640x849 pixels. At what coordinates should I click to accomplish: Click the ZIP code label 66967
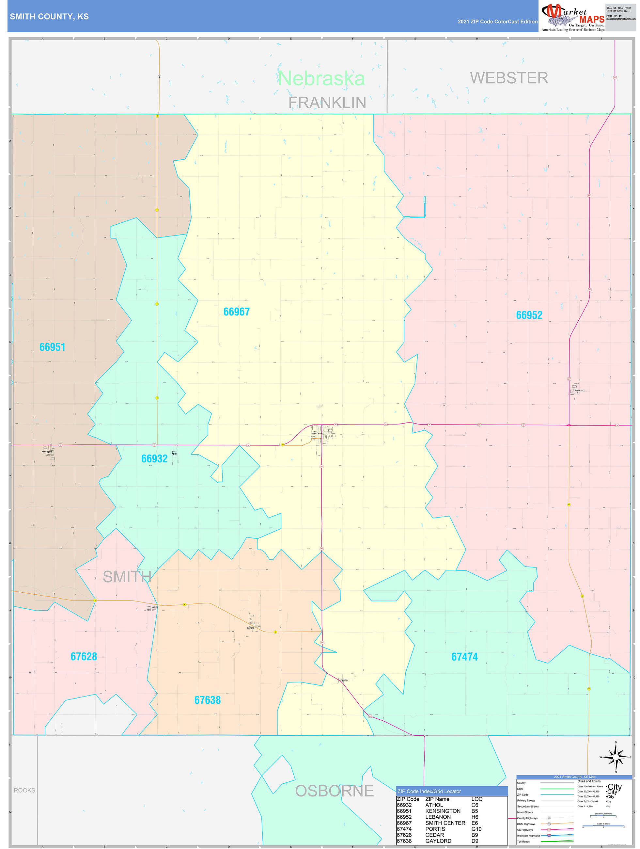click(236, 312)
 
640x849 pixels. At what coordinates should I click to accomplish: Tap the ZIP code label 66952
click(529, 315)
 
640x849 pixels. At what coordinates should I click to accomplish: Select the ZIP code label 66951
click(53, 347)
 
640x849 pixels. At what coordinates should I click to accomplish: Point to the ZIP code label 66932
click(154, 459)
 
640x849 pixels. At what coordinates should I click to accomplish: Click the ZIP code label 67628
click(84, 656)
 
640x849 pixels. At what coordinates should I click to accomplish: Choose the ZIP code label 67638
click(208, 700)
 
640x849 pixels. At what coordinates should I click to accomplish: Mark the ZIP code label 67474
click(465, 657)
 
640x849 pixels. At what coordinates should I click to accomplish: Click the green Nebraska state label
click(321, 79)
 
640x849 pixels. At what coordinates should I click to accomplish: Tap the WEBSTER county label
click(509, 78)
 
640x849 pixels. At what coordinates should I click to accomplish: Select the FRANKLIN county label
click(327, 103)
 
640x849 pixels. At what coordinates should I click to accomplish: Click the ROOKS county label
click(24, 790)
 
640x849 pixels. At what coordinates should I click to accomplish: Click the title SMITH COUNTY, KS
click(49, 17)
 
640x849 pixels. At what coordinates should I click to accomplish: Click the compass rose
click(616, 757)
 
